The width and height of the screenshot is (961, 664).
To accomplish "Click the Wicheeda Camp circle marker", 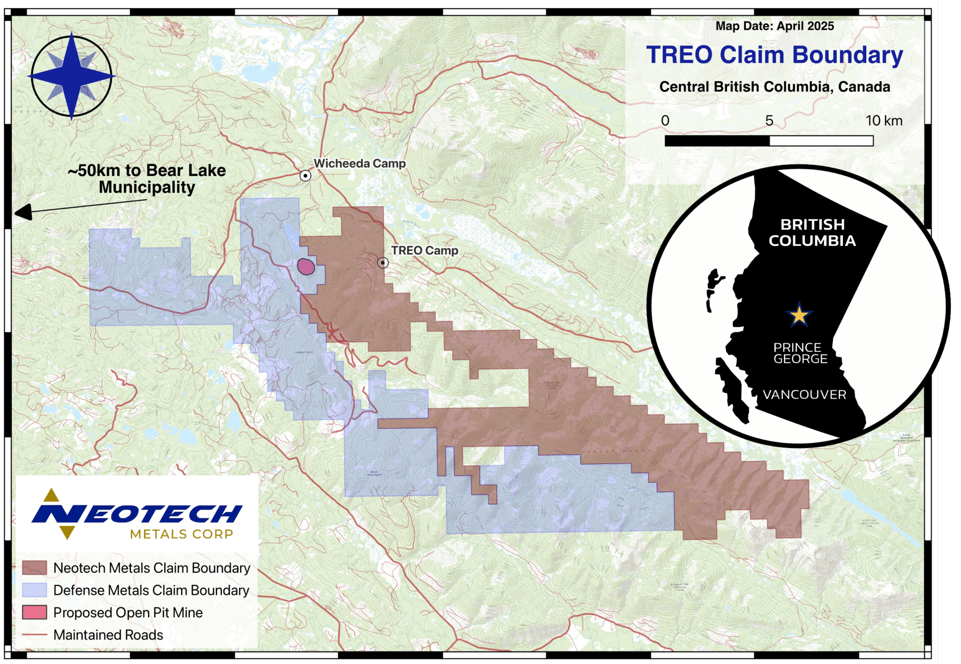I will tap(305, 176).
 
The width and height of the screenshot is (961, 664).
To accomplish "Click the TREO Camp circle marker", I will tap(383, 263).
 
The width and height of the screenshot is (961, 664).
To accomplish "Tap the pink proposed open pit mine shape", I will tap(305, 267).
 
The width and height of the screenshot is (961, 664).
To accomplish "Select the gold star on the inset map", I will tap(799, 315).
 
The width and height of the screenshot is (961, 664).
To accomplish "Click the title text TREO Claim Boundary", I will tap(774, 55).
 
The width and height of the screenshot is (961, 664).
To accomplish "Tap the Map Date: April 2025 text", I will tap(774, 26).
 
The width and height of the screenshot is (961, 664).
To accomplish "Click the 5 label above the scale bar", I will tap(769, 121).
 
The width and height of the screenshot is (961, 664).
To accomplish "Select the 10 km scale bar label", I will tap(884, 121).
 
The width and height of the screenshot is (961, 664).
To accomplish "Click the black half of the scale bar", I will tap(717, 141).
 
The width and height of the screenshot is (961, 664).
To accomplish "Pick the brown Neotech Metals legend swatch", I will tap(35, 568).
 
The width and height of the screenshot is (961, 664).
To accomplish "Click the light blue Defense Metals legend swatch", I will tap(35, 590).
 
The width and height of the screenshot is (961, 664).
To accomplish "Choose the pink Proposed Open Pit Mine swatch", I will tap(35, 612).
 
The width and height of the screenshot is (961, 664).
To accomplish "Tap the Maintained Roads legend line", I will tap(35, 635).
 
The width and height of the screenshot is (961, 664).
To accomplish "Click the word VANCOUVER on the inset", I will tap(804, 394).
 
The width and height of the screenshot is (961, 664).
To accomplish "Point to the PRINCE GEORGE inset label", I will tap(800, 353).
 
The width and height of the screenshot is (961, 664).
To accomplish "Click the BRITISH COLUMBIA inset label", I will tap(812, 232).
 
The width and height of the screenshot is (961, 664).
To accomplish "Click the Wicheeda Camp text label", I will tap(359, 163).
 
